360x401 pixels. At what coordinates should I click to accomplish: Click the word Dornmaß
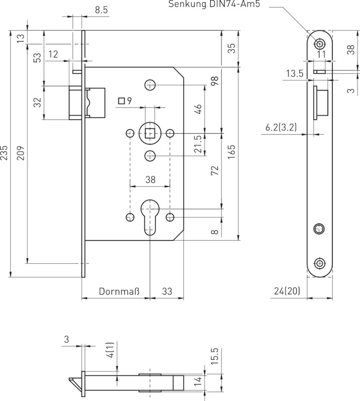[x=119, y=291]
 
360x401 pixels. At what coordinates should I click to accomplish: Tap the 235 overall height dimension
[x=4, y=153]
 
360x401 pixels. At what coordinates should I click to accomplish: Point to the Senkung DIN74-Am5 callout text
[x=214, y=4]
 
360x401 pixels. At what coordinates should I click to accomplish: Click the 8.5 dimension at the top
[x=101, y=10]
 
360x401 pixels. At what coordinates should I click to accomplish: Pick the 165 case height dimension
[x=232, y=152]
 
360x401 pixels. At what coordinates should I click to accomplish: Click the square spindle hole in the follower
[x=150, y=133]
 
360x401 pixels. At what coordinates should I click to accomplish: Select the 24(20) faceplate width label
[x=287, y=291]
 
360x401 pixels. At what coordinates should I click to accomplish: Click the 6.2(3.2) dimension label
[x=281, y=127]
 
